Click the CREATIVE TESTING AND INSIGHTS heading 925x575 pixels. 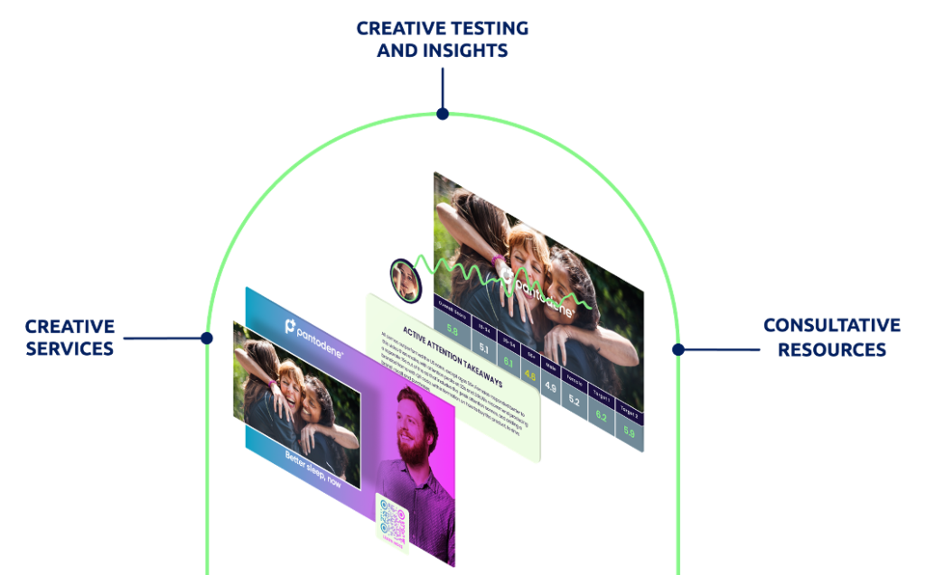point(442,40)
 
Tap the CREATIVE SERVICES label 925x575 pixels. point(70,337)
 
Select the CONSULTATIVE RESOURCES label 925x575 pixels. point(832,337)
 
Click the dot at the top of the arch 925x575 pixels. point(442,114)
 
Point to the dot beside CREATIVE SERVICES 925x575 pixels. point(207,339)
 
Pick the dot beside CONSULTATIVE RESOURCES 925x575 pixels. point(677,348)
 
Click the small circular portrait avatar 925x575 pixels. point(404,280)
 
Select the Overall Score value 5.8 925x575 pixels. point(452,331)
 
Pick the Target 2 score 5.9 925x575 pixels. point(630,431)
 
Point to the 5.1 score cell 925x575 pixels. point(483,347)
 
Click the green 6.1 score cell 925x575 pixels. point(507,362)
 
